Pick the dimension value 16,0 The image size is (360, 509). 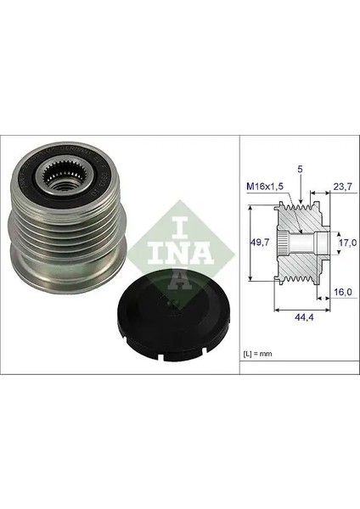(343, 291)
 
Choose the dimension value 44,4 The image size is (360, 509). (299, 316)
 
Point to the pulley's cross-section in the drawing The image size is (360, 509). (301, 247)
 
